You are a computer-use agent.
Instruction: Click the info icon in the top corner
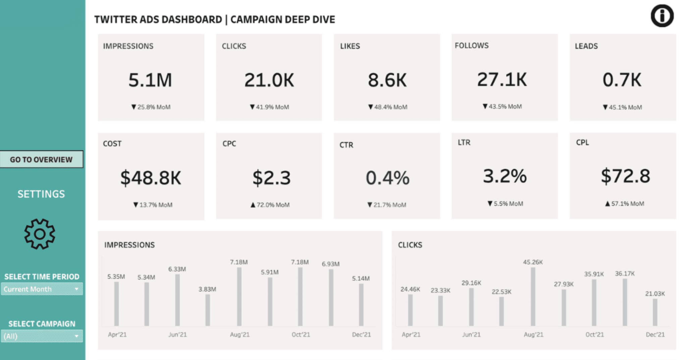click(x=662, y=16)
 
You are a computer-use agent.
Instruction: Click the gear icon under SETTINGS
click(x=40, y=234)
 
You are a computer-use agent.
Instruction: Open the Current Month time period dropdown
click(x=42, y=289)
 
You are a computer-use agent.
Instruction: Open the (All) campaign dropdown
click(x=42, y=336)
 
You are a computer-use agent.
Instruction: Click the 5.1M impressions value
click(x=150, y=80)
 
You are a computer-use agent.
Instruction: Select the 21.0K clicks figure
click(x=269, y=80)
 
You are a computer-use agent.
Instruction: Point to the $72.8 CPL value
click(x=625, y=176)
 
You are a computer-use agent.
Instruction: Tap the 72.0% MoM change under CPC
click(x=270, y=205)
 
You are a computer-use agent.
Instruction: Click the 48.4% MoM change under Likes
click(x=388, y=107)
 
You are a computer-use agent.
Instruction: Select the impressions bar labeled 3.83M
click(x=208, y=310)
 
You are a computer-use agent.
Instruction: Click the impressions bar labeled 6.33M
click(x=177, y=300)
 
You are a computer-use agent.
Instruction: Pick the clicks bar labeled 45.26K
click(x=533, y=297)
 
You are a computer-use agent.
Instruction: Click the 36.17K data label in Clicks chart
click(x=625, y=274)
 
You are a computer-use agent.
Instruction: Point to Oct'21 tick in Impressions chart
click(x=301, y=335)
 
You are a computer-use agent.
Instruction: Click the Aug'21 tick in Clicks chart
click(x=533, y=335)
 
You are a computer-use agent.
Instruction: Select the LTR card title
click(x=464, y=143)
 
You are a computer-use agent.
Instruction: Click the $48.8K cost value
click(x=151, y=178)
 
